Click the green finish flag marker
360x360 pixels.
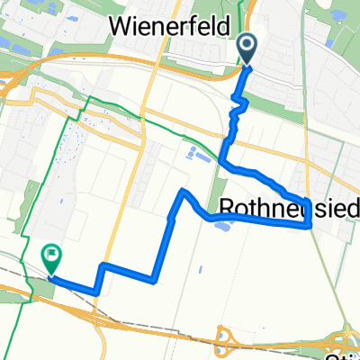(x=51, y=259)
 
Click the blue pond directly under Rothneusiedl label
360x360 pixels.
(x=220, y=225)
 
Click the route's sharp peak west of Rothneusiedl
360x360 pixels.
(x=183, y=191)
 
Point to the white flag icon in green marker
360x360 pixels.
(x=51, y=256)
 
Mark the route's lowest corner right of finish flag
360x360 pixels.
(x=94, y=292)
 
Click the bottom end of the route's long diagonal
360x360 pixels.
(x=154, y=278)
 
